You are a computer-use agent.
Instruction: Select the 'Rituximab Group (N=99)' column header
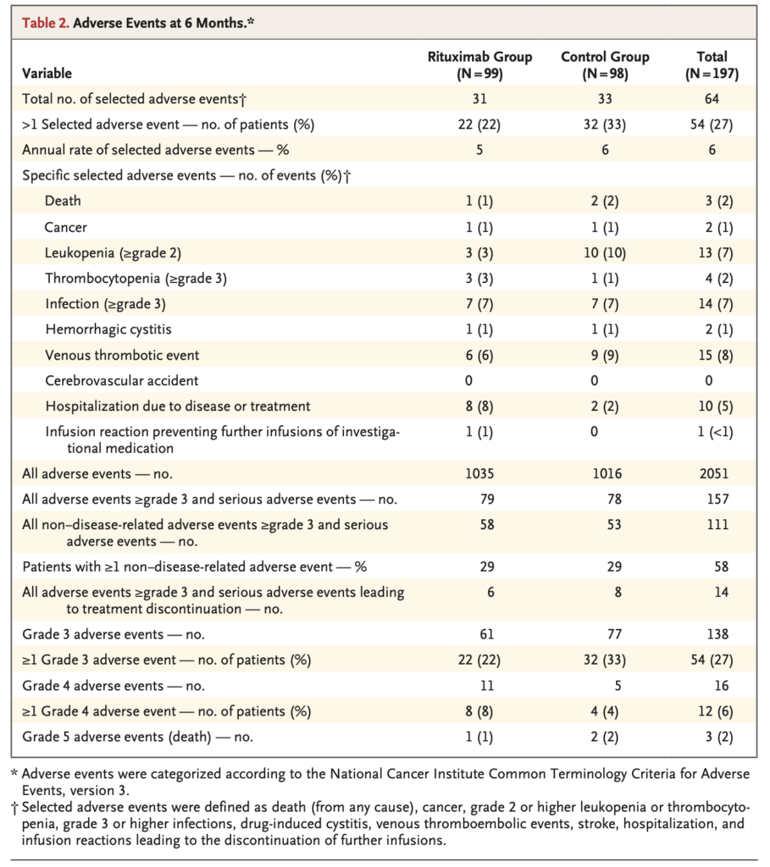(479, 65)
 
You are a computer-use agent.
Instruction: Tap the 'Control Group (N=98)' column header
(605, 65)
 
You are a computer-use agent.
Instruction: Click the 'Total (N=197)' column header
(712, 65)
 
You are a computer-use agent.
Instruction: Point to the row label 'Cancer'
(66, 227)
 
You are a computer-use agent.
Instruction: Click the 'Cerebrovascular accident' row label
(115, 381)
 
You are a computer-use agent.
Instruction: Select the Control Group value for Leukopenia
(605, 253)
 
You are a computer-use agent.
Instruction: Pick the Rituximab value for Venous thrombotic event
(479, 356)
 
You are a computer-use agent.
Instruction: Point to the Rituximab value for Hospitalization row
(479, 406)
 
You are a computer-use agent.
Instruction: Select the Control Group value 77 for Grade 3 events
(605, 634)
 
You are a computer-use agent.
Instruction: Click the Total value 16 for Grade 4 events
(712, 686)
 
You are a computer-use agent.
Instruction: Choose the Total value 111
(712, 525)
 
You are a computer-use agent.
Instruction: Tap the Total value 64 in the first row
(712, 99)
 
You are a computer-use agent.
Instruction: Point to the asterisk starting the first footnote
(14, 773)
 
